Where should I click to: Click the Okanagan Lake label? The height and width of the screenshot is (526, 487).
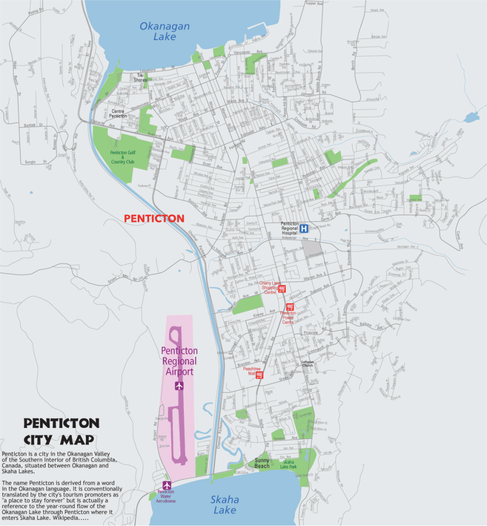tap(164, 31)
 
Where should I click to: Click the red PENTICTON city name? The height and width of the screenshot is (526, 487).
tap(154, 218)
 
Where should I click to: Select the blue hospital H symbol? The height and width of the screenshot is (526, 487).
tap(304, 229)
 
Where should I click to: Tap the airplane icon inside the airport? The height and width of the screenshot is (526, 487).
tap(179, 385)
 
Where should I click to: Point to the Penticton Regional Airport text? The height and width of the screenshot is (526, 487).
tap(179, 361)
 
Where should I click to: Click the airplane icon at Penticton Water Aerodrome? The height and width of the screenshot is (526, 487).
tap(166, 485)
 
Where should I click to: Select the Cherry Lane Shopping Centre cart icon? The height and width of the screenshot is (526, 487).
tap(282, 289)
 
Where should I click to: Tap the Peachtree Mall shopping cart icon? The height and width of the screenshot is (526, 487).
tap(259, 375)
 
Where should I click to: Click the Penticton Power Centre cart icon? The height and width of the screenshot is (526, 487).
tap(290, 307)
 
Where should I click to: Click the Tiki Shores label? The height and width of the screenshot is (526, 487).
tap(140, 78)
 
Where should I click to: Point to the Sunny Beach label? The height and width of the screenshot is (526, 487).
tap(262, 463)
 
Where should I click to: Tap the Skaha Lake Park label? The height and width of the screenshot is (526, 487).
tap(288, 464)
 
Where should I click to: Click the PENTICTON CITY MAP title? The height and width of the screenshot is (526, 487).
tap(61, 431)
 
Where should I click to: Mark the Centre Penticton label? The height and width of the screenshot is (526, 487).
tap(119, 114)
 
